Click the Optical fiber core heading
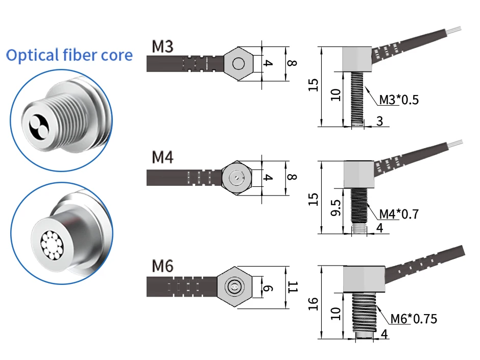click(69, 55)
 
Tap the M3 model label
click(163, 46)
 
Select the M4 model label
click(163, 157)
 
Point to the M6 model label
click(163, 266)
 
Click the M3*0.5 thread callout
click(399, 100)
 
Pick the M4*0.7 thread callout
click(399, 214)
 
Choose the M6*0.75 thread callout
click(414, 319)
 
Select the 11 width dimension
click(292, 287)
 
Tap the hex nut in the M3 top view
click(238, 64)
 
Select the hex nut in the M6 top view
click(234, 287)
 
